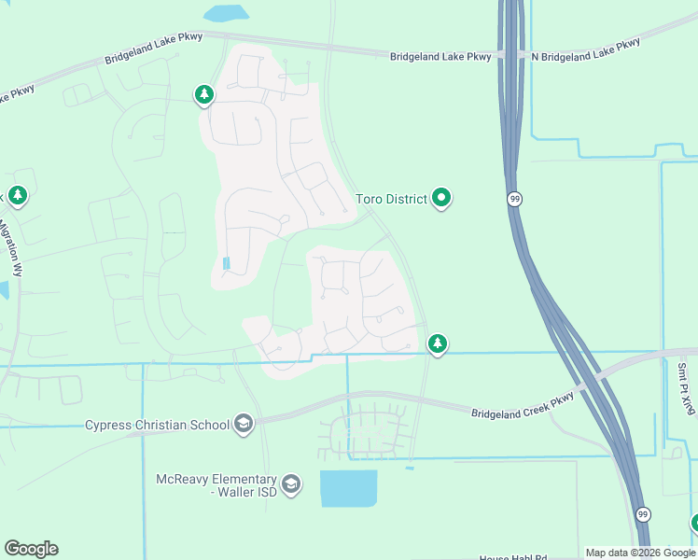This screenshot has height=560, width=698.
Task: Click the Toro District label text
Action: pyautogui.click(x=391, y=199)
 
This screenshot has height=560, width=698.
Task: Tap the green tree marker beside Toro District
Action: pyautogui.click(x=442, y=198)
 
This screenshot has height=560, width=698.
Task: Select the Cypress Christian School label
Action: pyautogui.click(x=157, y=425)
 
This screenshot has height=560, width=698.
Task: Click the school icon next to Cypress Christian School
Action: pyautogui.click(x=244, y=424)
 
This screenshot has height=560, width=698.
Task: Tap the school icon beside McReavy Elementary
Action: pyautogui.click(x=291, y=483)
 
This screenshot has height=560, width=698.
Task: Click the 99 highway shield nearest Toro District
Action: pyautogui.click(x=514, y=199)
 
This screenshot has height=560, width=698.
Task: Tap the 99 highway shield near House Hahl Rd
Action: pyautogui.click(x=642, y=514)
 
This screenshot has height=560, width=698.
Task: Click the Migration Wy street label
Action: pyautogui.click(x=18, y=246)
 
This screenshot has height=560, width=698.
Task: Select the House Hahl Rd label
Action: pyautogui.click(x=512, y=556)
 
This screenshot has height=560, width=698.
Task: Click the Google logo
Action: pyautogui.click(x=31, y=549)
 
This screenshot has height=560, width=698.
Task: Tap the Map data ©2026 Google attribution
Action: pyautogui.click(x=640, y=553)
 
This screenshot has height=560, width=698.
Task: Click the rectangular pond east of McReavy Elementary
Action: pyautogui.click(x=348, y=488)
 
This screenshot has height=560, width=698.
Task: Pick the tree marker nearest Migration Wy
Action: pyautogui.click(x=17, y=195)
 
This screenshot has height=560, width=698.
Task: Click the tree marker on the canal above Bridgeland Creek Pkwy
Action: pyautogui.click(x=437, y=343)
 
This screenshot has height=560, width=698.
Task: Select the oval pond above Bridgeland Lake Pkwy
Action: pyautogui.click(x=226, y=13)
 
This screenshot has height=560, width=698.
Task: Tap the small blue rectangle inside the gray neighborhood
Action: pyautogui.click(x=227, y=263)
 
